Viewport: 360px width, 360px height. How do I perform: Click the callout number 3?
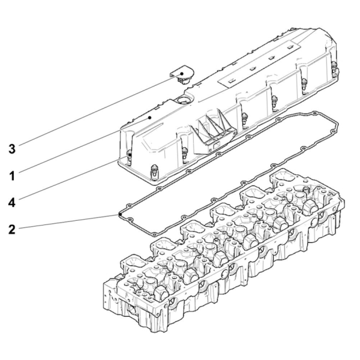pyautogui.click(x=12, y=149)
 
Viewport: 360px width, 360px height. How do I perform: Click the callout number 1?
pyautogui.click(x=12, y=176)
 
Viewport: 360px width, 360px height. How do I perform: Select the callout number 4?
pyautogui.click(x=12, y=203)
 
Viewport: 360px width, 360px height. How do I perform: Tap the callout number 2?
pyautogui.click(x=12, y=230)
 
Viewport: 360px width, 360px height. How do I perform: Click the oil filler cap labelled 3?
pyautogui.click(x=182, y=74)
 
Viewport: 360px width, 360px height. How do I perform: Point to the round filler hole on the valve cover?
pyautogui.click(x=182, y=100)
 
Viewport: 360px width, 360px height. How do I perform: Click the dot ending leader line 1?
pyautogui.click(x=149, y=118)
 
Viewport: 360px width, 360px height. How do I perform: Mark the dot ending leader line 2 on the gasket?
pyautogui.click(x=120, y=214)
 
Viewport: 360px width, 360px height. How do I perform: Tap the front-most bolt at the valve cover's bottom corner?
pyautogui.click(x=155, y=171)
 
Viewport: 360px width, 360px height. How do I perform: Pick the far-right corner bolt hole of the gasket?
pyautogui.click(x=315, y=113)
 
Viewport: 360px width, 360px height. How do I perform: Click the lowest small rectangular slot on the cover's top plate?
pyautogui.click(x=232, y=81)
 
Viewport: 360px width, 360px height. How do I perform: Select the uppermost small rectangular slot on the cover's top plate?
pyautogui.click(x=290, y=47)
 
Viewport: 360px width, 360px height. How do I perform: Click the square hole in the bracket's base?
pyautogui.click(x=217, y=145)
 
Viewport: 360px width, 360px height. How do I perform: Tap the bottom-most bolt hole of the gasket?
pyautogui.click(x=155, y=235)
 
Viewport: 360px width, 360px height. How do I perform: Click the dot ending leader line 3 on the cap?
pyautogui.click(x=182, y=74)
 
